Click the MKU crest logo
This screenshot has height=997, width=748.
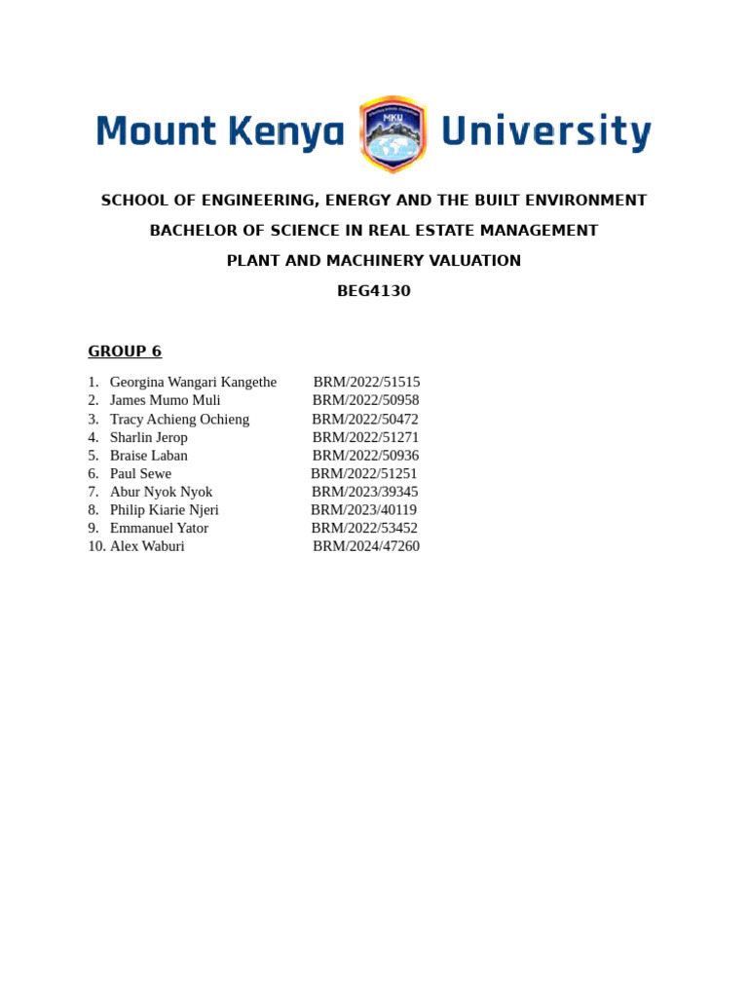tap(393, 133)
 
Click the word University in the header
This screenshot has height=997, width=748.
tap(545, 131)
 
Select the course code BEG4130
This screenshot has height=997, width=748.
tap(374, 291)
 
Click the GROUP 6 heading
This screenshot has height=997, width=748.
tap(125, 351)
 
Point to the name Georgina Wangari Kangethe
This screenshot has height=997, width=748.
tap(193, 382)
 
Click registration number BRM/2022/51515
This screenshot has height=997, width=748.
tap(366, 382)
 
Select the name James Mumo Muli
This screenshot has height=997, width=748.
tap(165, 400)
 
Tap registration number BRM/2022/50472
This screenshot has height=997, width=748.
tap(365, 419)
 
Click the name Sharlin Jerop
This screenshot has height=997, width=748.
tap(148, 437)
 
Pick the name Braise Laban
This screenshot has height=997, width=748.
tap(148, 455)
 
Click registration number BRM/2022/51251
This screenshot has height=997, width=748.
tap(363, 473)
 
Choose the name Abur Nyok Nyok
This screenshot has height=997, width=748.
tap(161, 492)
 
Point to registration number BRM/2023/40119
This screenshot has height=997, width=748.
tap(363, 509)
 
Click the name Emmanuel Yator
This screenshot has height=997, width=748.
tap(159, 528)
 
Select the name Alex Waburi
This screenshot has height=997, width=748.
tap(147, 546)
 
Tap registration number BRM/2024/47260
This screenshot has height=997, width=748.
tap(366, 546)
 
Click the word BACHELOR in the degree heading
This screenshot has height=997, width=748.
tap(192, 231)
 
